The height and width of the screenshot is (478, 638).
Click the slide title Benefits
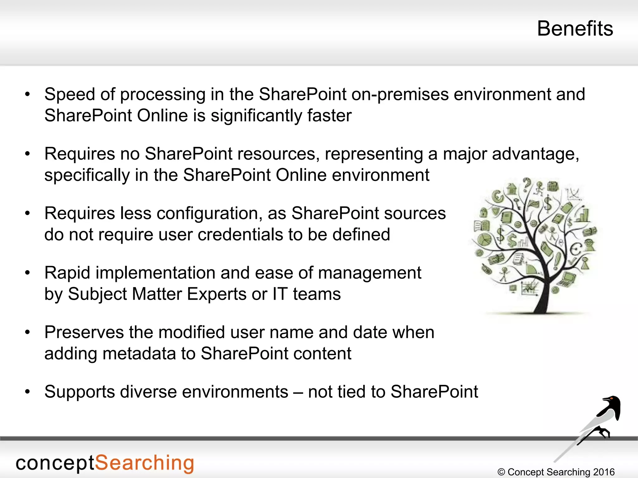[x=575, y=29]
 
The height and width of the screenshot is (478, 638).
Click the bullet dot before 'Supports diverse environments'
[x=27, y=392]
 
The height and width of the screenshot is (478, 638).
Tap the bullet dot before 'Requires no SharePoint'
[x=27, y=154]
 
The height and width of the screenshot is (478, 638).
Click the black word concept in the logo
[x=55, y=464]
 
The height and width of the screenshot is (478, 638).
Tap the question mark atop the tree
[x=526, y=184]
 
